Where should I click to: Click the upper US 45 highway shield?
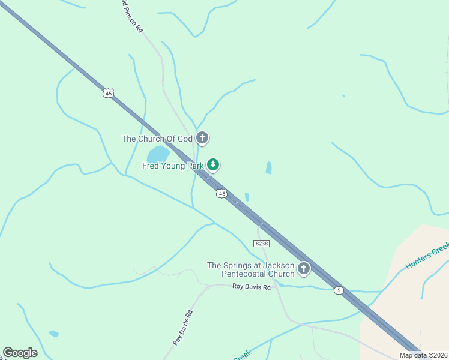[x=108, y=93]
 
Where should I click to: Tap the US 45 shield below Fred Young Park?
[x=222, y=194]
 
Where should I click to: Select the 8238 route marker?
[x=261, y=244]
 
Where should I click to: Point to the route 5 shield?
[x=339, y=290]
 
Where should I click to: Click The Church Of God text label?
[x=157, y=139]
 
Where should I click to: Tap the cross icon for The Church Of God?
[x=202, y=138]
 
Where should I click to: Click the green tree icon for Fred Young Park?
[x=212, y=164]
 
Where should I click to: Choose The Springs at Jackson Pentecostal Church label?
[x=250, y=269]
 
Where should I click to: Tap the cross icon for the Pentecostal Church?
[x=304, y=268]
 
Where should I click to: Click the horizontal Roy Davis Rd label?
[x=252, y=287]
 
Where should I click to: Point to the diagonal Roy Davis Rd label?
[x=183, y=326]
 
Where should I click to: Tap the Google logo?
[x=20, y=353]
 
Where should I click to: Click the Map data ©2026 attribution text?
[x=422, y=355]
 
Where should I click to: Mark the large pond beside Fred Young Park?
[x=158, y=154]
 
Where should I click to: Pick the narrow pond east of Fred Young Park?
[x=268, y=168]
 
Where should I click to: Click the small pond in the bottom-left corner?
[x=54, y=334]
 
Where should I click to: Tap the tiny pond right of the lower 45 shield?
[x=247, y=197]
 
